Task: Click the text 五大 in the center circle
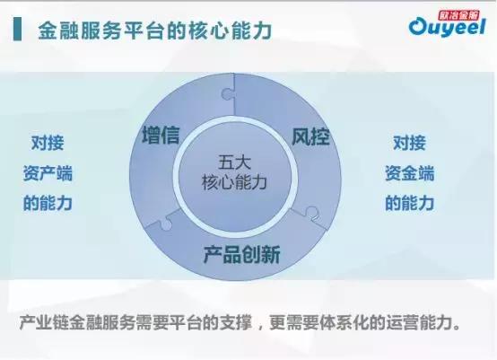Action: click(236, 162)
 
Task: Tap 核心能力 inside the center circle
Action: click(236, 182)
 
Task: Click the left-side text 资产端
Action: click(48, 172)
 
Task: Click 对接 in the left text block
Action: click(48, 142)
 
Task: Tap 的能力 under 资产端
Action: click(48, 203)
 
